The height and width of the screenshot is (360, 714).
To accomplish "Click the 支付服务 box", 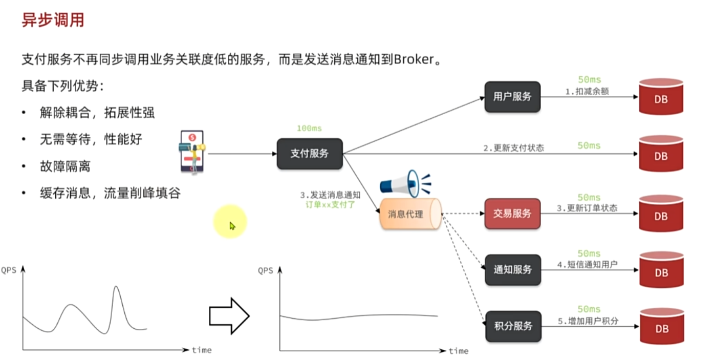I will (310, 154).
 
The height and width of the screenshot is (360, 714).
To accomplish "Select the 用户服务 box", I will (512, 97).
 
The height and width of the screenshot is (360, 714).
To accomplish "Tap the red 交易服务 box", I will (512, 214).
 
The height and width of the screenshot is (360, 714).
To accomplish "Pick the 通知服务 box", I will (512, 270).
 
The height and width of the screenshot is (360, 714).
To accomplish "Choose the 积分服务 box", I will (512, 326).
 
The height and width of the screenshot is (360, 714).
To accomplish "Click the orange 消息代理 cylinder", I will (409, 214).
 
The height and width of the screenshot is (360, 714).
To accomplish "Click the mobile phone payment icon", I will (192, 152).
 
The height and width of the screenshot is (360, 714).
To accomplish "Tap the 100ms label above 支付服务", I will (309, 129).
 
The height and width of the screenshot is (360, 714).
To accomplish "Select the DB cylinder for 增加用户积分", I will (661, 326).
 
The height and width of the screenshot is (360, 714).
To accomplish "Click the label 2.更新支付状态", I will (513, 148).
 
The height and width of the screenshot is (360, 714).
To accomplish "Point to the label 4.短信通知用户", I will (588, 265).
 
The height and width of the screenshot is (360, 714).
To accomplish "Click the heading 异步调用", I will (53, 20).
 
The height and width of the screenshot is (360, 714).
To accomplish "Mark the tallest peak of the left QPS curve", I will (116, 287).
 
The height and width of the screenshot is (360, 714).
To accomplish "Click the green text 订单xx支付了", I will (330, 204).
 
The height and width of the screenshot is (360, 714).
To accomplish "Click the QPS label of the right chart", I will (266, 270).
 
